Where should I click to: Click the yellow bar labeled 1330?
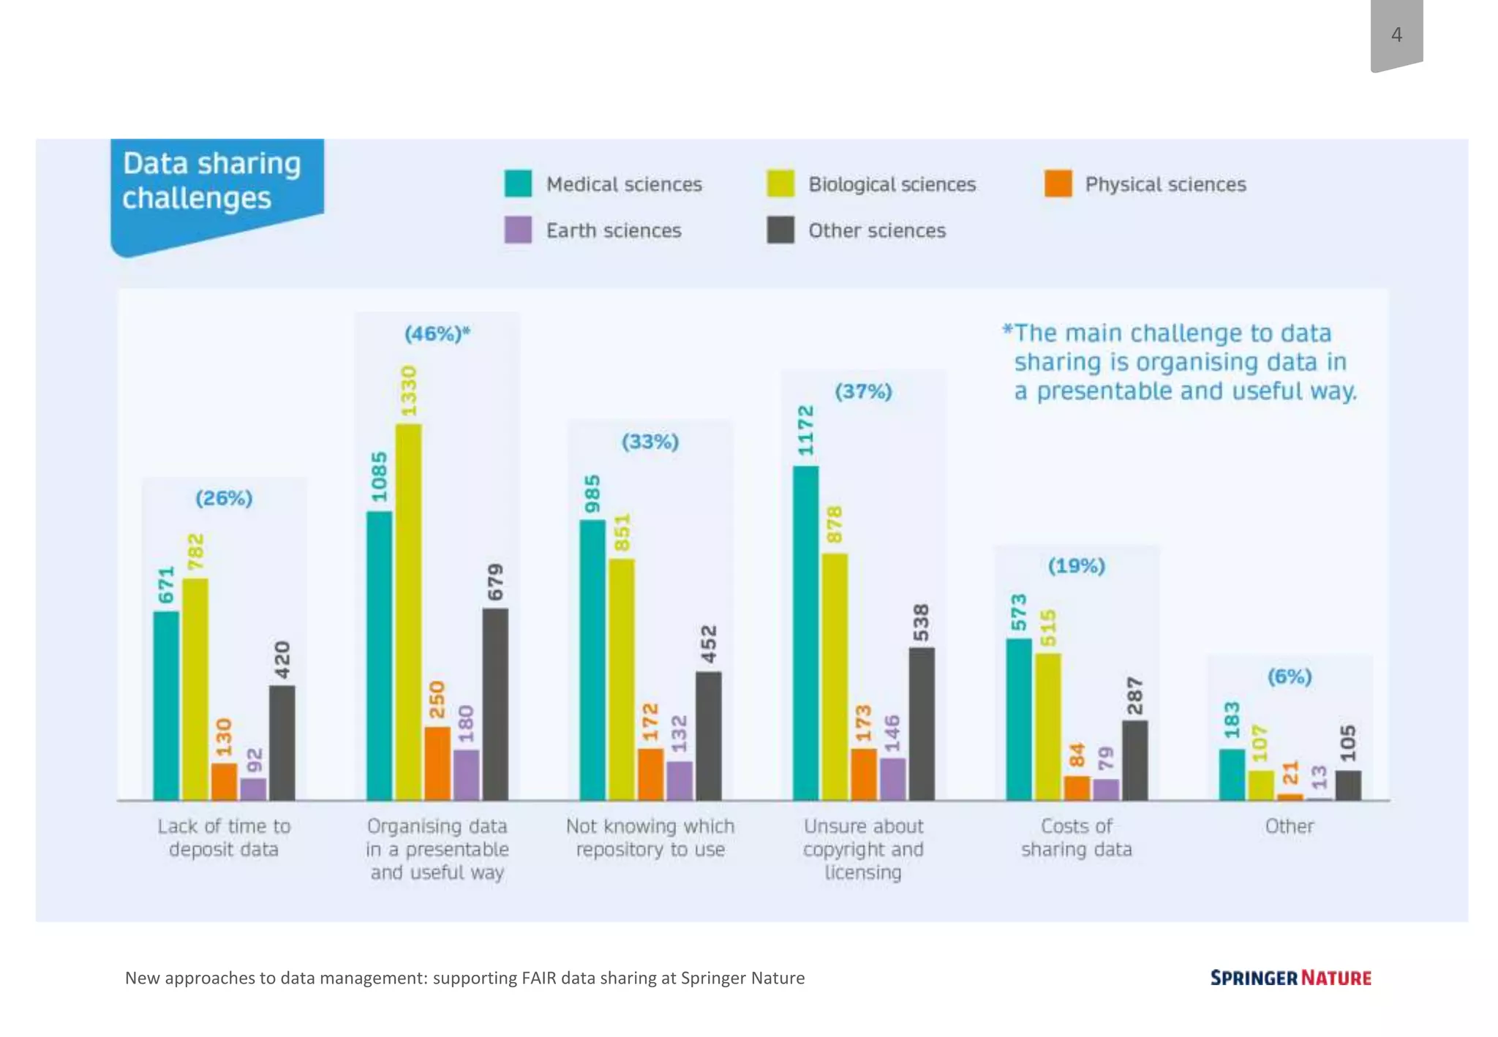point(408,612)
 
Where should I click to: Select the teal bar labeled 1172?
point(805,633)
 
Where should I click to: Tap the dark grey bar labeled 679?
point(495,704)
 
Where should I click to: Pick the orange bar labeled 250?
point(437,763)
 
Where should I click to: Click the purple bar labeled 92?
point(253,789)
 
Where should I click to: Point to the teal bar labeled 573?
point(1019,720)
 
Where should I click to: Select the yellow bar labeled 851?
point(622,679)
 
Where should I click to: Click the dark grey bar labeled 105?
point(1348,785)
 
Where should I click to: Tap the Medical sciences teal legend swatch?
point(518,184)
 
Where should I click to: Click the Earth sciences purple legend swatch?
point(518,230)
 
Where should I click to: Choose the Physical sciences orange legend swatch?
point(1058,184)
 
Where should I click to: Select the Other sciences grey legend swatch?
point(780,230)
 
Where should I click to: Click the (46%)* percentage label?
point(437,334)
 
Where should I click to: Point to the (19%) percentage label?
point(1076,565)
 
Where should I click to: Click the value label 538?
point(921,622)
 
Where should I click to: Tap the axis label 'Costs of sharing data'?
point(1076,837)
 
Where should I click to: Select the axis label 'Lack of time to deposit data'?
point(224,837)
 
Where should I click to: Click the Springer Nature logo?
point(1290,978)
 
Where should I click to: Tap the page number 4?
point(1396,34)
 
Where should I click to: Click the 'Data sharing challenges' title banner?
point(212,181)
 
